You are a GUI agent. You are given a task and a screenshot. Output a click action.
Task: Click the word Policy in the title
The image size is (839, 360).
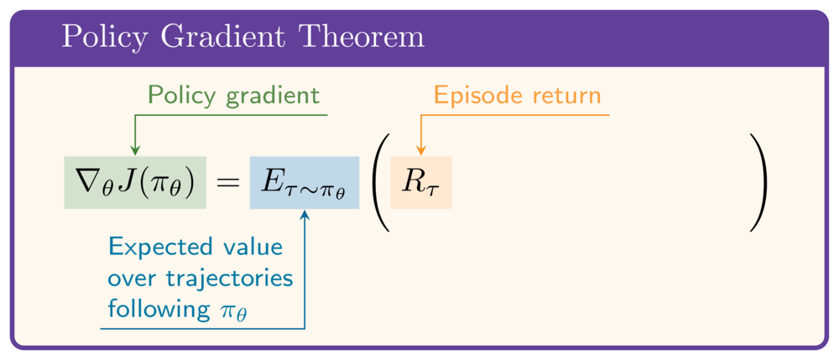pos(102,38)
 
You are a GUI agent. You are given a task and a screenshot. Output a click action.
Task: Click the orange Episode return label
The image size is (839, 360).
pos(518,95)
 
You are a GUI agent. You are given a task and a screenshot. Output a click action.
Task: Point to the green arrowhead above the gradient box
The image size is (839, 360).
pos(135,150)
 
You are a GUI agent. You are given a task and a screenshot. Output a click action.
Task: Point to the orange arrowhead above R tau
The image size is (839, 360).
pos(420,150)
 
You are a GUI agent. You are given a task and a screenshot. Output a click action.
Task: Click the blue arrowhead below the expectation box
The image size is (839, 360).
pos(305,215)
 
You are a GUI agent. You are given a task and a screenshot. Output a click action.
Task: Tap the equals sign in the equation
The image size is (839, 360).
pos(228,183)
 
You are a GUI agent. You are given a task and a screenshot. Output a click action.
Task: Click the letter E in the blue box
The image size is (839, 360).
pos(272,182)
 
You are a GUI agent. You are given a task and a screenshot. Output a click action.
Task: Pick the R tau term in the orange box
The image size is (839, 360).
pos(420,183)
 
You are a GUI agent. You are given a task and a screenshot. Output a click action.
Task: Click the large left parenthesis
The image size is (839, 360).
pos(379,182)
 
